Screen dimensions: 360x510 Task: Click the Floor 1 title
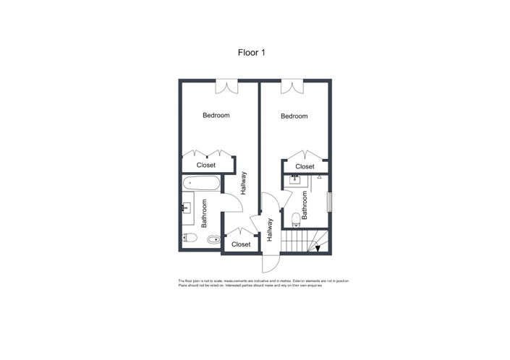pos(254,52)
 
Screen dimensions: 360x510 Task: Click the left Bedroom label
pos(216,116)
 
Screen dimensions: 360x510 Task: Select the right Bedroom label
pos(294,116)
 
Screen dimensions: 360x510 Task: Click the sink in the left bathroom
pos(187,209)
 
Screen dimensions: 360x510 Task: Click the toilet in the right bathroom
pos(294,218)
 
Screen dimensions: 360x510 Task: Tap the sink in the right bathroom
pos(295,179)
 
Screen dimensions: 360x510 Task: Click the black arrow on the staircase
pos(317,249)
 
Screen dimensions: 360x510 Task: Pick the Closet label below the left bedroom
pos(206,166)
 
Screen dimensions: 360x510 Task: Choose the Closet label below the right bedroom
pos(305,167)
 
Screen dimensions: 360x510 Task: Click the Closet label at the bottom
pos(240,244)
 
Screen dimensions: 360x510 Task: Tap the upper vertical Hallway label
pos(244,182)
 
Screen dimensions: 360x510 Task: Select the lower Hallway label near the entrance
pos(269,230)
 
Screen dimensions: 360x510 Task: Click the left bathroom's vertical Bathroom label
pos(204,213)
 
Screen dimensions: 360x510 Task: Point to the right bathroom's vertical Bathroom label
pos(306,205)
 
